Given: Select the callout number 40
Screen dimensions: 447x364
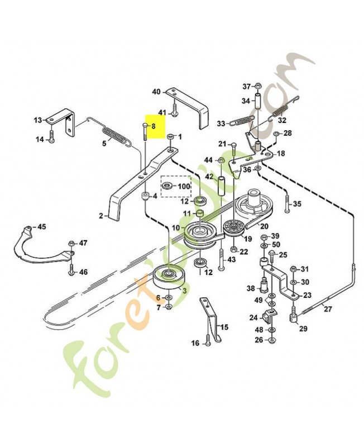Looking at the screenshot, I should point(156,92).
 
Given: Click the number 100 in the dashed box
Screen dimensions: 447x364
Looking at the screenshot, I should point(184,186).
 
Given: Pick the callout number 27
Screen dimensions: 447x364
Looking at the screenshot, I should point(328,309).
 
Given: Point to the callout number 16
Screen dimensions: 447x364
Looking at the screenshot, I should point(195,343).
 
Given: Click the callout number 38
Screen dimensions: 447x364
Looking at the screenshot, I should point(251,288).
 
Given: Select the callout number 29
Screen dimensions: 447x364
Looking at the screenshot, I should point(303,329).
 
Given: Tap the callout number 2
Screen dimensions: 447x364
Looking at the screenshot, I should point(101,215).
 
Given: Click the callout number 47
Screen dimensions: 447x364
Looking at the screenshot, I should point(83,243).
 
